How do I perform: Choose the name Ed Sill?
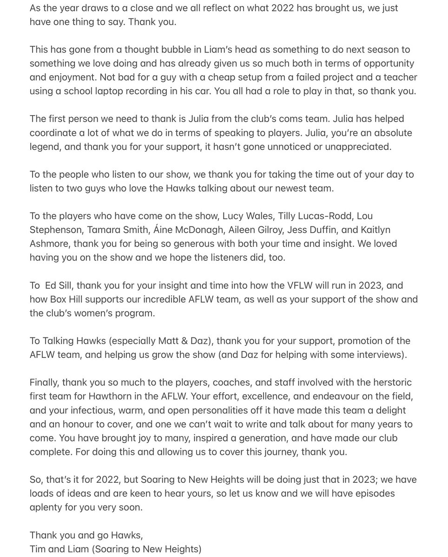point(58,285)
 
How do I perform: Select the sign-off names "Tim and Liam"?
point(59,549)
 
